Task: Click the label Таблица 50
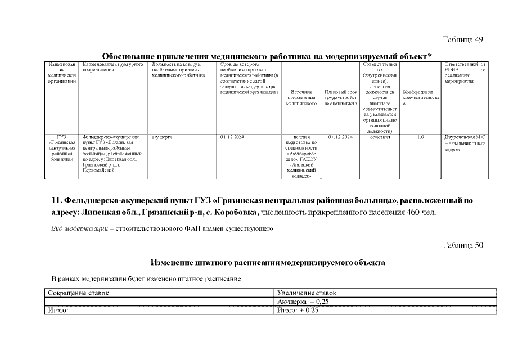click(462, 245)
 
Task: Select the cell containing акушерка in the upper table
click(163, 137)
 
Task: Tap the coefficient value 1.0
click(420, 137)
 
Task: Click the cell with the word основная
click(380, 137)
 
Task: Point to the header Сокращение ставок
click(78, 293)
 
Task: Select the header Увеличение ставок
click(307, 293)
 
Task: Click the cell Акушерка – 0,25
click(303, 302)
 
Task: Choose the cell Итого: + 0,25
click(298, 310)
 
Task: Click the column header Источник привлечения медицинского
click(301, 97)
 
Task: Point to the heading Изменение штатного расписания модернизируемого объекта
click(267, 262)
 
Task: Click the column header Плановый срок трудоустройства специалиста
click(341, 97)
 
